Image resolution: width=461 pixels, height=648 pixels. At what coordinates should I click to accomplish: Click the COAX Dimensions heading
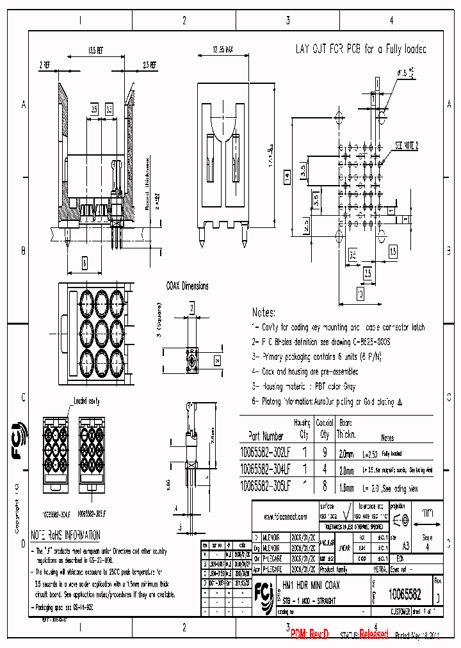(187, 286)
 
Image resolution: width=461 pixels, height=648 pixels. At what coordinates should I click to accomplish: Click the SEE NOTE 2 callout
(407, 146)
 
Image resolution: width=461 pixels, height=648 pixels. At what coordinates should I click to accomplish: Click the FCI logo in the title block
(263, 590)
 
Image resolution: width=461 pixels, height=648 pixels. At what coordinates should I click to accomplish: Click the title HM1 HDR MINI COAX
(311, 585)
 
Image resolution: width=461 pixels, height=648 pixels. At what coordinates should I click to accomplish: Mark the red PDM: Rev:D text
(309, 634)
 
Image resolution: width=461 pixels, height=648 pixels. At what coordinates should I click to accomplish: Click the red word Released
(373, 634)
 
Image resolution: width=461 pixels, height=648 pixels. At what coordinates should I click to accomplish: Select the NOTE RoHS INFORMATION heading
(66, 535)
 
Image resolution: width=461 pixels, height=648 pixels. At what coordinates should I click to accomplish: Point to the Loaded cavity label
(86, 401)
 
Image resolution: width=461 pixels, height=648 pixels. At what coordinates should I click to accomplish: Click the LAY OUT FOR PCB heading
(360, 49)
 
